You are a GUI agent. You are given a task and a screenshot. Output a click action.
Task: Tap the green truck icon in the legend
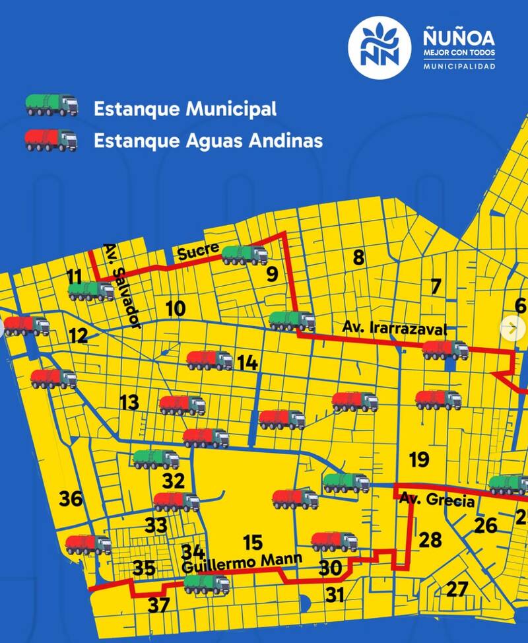(x=51, y=106)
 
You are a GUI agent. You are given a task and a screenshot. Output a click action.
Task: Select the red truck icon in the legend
(x=51, y=140)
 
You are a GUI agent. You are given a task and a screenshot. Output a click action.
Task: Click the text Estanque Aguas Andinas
(x=208, y=141)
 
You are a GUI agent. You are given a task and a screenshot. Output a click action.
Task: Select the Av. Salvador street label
(x=122, y=286)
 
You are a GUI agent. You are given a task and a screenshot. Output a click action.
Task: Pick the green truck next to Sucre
(x=245, y=255)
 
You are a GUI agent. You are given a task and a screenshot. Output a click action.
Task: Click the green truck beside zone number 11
(x=91, y=291)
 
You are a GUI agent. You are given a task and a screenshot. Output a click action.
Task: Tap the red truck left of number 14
(x=210, y=360)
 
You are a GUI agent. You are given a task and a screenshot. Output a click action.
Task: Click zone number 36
(x=71, y=499)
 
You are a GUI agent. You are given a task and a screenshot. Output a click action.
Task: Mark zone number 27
(x=457, y=589)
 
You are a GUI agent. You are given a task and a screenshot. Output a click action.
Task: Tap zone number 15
(x=252, y=543)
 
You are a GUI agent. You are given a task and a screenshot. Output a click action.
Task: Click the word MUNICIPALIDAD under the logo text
(x=459, y=67)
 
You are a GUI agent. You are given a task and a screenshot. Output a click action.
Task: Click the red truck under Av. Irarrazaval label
(x=445, y=350)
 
